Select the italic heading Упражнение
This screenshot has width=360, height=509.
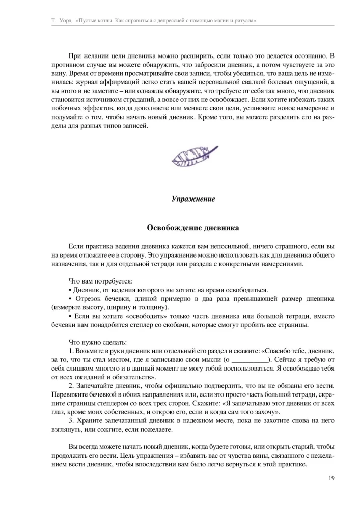coord(192,199)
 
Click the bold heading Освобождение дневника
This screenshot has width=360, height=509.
coord(192,227)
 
